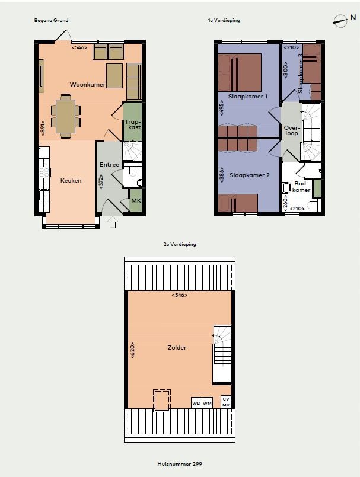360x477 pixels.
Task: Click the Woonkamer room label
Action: pyautogui.click(x=88, y=85)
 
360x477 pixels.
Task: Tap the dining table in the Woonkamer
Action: pyautogui.click(x=65, y=117)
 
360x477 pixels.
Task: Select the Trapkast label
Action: pyautogui.click(x=133, y=124)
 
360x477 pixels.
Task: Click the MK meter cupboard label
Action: pyautogui.click(x=136, y=201)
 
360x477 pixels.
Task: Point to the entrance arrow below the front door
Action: pyautogui.click(x=112, y=222)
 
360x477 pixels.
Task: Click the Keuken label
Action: pyautogui.click(x=71, y=180)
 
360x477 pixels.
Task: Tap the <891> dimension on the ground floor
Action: pyautogui.click(x=42, y=128)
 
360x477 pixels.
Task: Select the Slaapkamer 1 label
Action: pyautogui.click(x=248, y=97)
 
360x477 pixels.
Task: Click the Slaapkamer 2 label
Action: pyautogui.click(x=250, y=175)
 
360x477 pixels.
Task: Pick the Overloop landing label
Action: pyautogui.click(x=292, y=130)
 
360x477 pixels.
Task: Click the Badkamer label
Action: pyautogui.click(x=301, y=187)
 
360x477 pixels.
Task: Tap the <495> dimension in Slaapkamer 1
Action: pyautogui.click(x=221, y=108)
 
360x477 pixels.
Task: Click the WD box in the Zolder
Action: pyautogui.click(x=196, y=403)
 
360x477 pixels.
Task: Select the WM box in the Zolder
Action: pyautogui.click(x=207, y=403)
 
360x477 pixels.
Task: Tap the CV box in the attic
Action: pyautogui.click(x=226, y=399)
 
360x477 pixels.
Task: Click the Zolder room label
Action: pyautogui.click(x=177, y=347)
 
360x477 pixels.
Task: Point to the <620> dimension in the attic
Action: pyautogui.click(x=132, y=350)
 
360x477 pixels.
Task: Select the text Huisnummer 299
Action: pyautogui.click(x=180, y=464)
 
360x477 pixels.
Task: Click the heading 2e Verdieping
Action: pyautogui.click(x=180, y=244)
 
